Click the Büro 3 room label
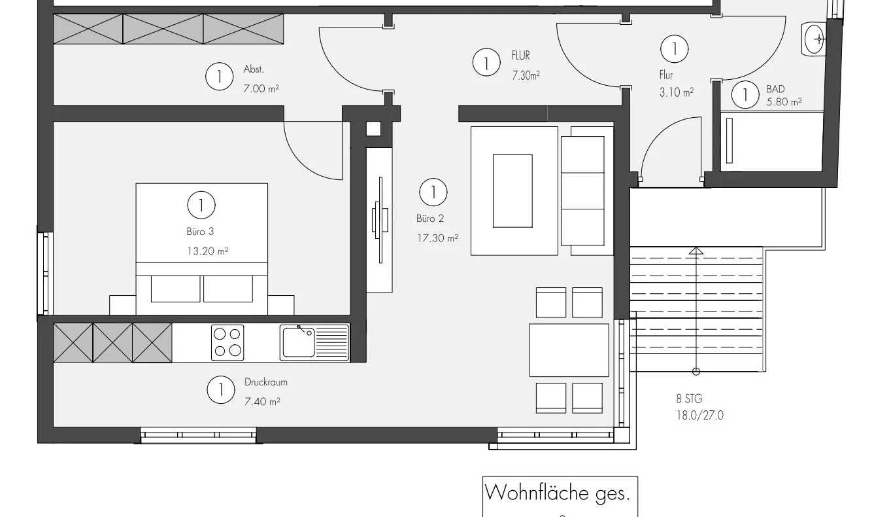tap(200, 232)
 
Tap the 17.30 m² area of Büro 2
tap(437, 238)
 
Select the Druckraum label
tap(265, 382)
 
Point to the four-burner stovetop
tap(227, 342)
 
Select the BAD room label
tap(775, 89)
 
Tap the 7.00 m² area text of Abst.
tap(261, 88)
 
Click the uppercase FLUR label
tap(520, 56)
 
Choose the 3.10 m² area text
tap(676, 93)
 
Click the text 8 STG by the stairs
tap(689, 398)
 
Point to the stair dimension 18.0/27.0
tap(699, 415)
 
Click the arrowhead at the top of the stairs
tap(696, 250)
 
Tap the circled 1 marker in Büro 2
tap(432, 192)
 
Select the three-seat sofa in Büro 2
tap(586, 190)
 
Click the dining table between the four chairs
tap(569, 350)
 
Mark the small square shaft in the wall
tap(373, 128)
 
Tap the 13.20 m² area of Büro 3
tap(207, 251)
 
